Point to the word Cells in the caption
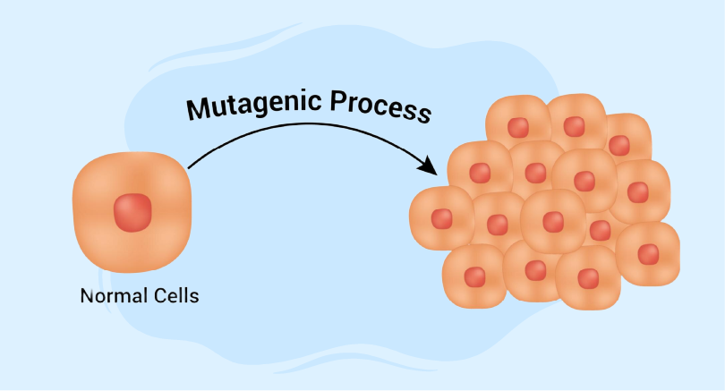coord(173,295)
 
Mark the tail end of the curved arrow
coord(190,166)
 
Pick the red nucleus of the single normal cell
coord(132,211)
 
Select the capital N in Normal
coord(87,295)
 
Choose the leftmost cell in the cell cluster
coord(441,218)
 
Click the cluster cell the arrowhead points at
coord(477,169)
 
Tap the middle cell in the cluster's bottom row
coord(534,270)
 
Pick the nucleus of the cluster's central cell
coord(553,221)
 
